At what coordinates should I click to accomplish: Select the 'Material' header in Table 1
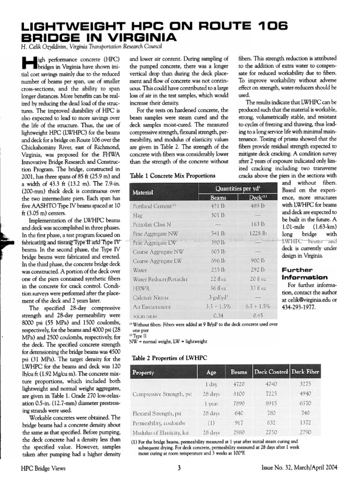144,193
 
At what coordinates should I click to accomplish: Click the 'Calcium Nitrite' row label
150,297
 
